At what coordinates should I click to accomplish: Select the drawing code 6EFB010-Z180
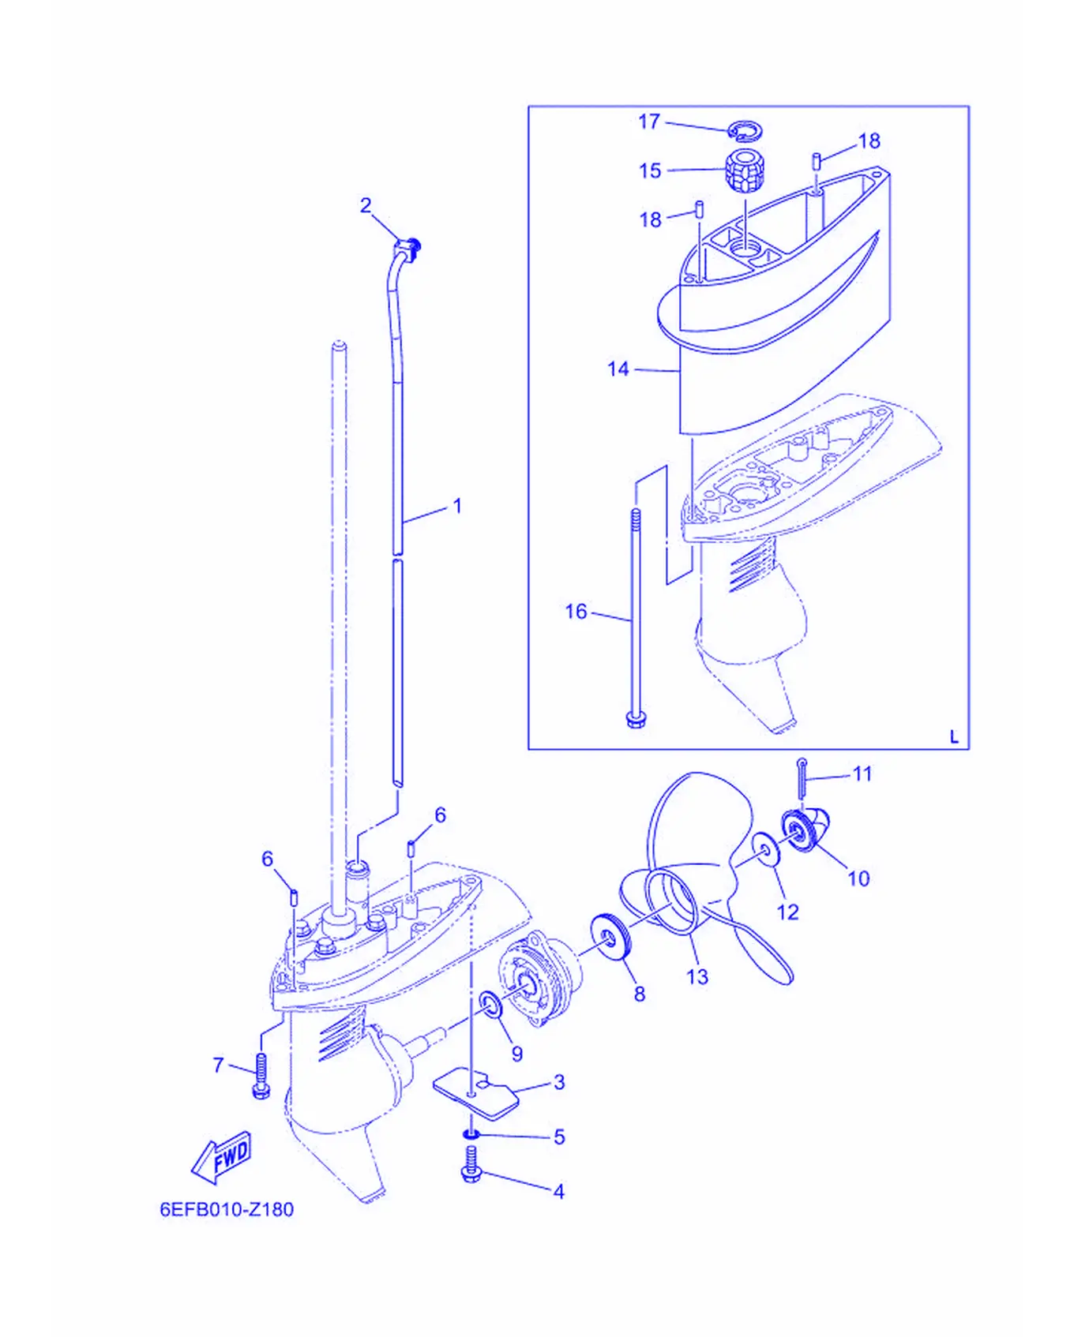(x=227, y=1210)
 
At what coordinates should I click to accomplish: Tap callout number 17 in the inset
(x=649, y=122)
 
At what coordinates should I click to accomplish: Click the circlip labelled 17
(x=745, y=129)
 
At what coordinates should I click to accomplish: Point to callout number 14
(x=618, y=369)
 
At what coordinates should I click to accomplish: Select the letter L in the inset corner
(x=954, y=737)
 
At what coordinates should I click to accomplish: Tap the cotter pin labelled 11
(x=802, y=777)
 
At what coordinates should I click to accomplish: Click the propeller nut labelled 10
(x=805, y=830)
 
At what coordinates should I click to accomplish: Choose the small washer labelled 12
(x=765, y=848)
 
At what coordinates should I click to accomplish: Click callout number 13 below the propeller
(x=697, y=977)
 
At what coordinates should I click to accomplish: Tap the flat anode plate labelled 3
(x=476, y=1093)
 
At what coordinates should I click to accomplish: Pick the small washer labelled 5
(x=471, y=1135)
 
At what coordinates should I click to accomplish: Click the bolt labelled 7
(x=261, y=1075)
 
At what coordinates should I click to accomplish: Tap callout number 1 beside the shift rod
(x=457, y=506)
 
